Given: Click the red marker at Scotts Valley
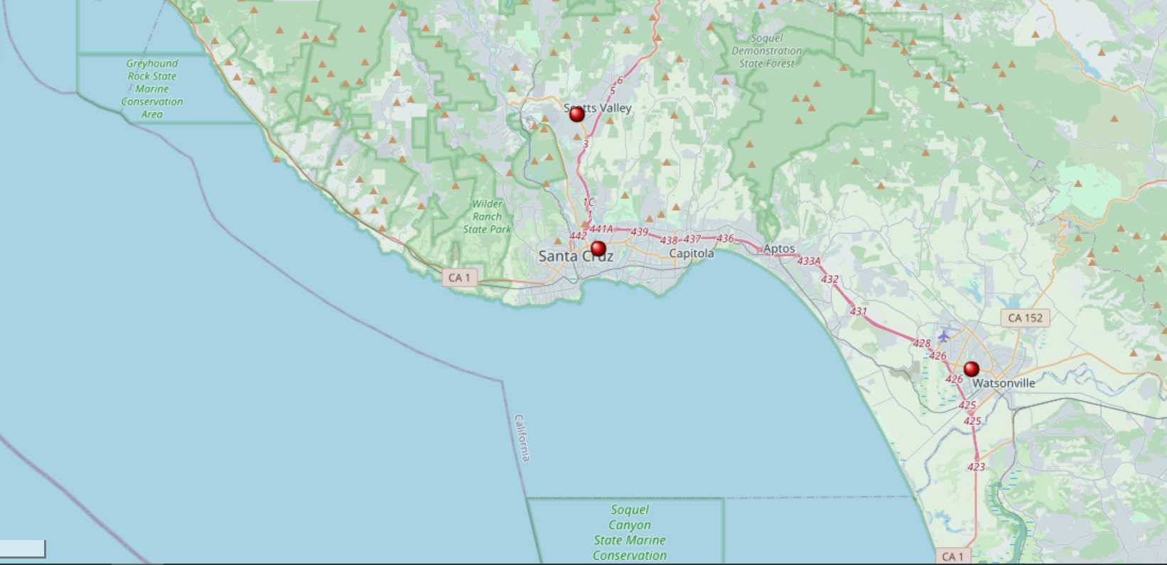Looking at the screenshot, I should (577, 114).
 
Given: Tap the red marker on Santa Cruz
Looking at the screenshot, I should (598, 249).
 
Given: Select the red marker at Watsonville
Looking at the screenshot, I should (972, 369).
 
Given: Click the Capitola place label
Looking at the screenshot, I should (692, 254).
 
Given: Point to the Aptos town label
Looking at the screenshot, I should (779, 249).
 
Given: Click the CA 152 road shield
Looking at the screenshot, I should (1025, 318).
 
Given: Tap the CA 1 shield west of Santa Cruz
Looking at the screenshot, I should (459, 278).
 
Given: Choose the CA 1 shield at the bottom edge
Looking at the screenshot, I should (952, 556).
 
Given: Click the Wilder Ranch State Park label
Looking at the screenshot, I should (488, 217).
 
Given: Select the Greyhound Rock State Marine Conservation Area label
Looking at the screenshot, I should (152, 89).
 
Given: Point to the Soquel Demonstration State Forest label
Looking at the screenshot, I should (766, 51).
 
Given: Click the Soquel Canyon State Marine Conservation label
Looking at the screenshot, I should (630, 532).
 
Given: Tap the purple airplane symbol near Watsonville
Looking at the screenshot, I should (943, 335).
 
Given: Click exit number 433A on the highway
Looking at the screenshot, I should (809, 262).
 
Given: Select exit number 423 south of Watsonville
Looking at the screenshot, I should (976, 467).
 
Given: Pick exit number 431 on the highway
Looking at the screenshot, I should (858, 311).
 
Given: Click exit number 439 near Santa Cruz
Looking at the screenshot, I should (639, 232).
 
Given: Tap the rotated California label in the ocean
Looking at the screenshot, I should (522, 438).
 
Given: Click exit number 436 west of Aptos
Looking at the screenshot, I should (725, 238).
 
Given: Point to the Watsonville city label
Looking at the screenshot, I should (1004, 383).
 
